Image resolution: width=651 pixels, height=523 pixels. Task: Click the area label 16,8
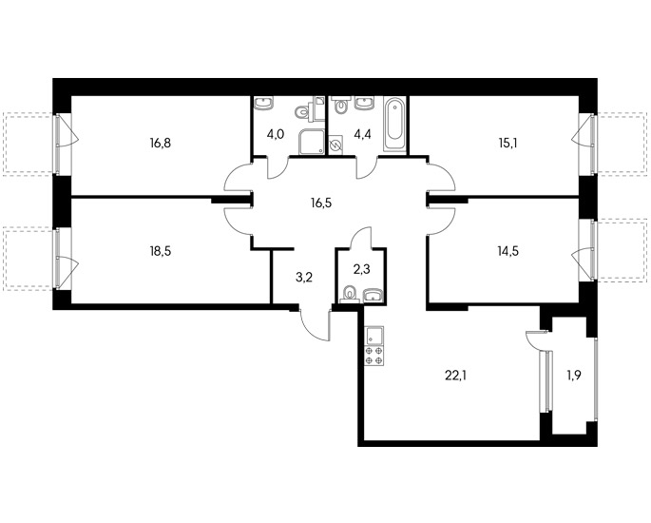[161, 144]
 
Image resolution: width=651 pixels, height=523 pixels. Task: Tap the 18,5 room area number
[161, 251]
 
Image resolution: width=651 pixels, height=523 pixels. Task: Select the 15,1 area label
[507, 144]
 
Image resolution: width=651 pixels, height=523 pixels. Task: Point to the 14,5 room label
[507, 251]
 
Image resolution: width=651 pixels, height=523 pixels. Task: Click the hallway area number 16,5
[321, 203]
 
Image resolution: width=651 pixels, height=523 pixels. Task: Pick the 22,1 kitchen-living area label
[455, 376]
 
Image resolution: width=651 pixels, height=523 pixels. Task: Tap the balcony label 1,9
[573, 376]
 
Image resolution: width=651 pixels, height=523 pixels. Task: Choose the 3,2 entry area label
[303, 278]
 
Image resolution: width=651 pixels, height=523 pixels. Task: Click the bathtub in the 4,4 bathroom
[394, 124]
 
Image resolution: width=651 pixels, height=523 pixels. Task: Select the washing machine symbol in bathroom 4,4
[335, 145]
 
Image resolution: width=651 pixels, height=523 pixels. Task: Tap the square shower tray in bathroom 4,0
[312, 142]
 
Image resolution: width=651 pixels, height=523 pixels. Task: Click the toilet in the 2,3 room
[350, 294]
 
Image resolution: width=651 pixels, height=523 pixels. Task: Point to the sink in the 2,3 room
[374, 296]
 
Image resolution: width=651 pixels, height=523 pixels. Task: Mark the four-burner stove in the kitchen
[374, 356]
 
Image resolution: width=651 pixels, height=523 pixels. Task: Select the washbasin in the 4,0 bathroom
[262, 103]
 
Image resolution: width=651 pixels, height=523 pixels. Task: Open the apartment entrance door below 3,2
[315, 326]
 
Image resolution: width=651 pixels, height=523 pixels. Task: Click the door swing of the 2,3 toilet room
[360, 237]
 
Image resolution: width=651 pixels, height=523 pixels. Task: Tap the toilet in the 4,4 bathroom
[341, 106]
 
